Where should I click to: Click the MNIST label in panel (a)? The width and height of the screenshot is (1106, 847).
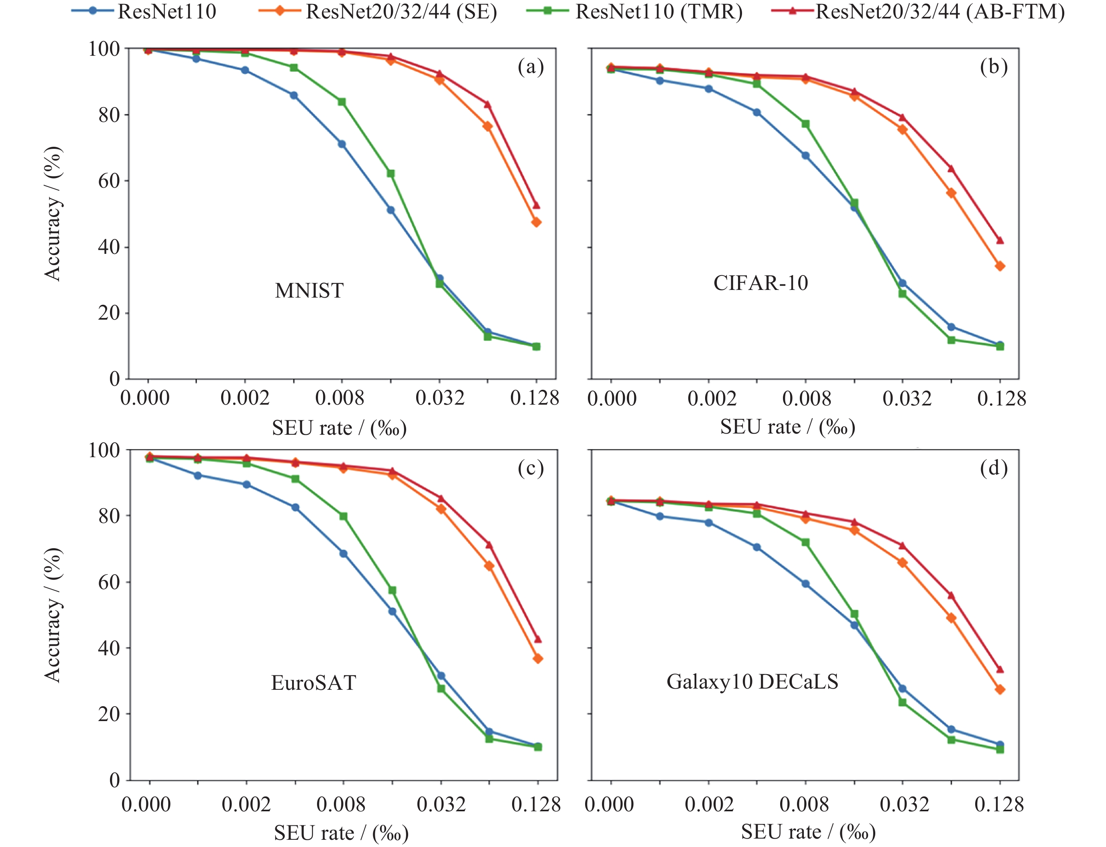(x=309, y=291)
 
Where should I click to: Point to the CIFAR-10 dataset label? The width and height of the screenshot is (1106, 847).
(x=760, y=284)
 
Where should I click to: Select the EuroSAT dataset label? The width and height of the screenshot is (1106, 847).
(x=313, y=683)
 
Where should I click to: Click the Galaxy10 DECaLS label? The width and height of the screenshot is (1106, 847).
(x=752, y=682)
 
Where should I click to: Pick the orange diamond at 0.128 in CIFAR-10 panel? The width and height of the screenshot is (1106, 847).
(x=1000, y=266)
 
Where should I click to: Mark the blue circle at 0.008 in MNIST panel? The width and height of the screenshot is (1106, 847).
(x=342, y=144)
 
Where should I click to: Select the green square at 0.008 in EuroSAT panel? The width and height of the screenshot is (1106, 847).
(x=343, y=516)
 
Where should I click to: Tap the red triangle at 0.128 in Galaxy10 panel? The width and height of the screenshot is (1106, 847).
(x=1000, y=669)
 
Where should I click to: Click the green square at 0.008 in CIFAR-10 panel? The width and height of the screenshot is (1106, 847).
(x=805, y=124)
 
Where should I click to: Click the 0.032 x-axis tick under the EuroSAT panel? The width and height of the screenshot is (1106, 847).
(x=441, y=804)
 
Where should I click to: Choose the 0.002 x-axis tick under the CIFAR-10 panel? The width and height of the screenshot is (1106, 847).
(x=712, y=399)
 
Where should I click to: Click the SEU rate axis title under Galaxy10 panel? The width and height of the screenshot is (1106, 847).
(x=808, y=831)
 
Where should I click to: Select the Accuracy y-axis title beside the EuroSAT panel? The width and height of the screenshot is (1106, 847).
(x=53, y=615)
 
